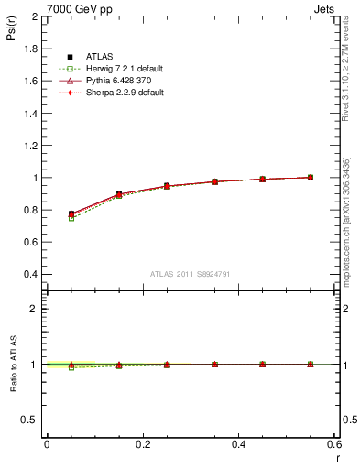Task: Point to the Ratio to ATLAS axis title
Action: click(x=12, y=365)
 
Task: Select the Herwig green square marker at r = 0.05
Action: click(x=71, y=218)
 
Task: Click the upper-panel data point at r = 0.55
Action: click(x=311, y=177)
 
